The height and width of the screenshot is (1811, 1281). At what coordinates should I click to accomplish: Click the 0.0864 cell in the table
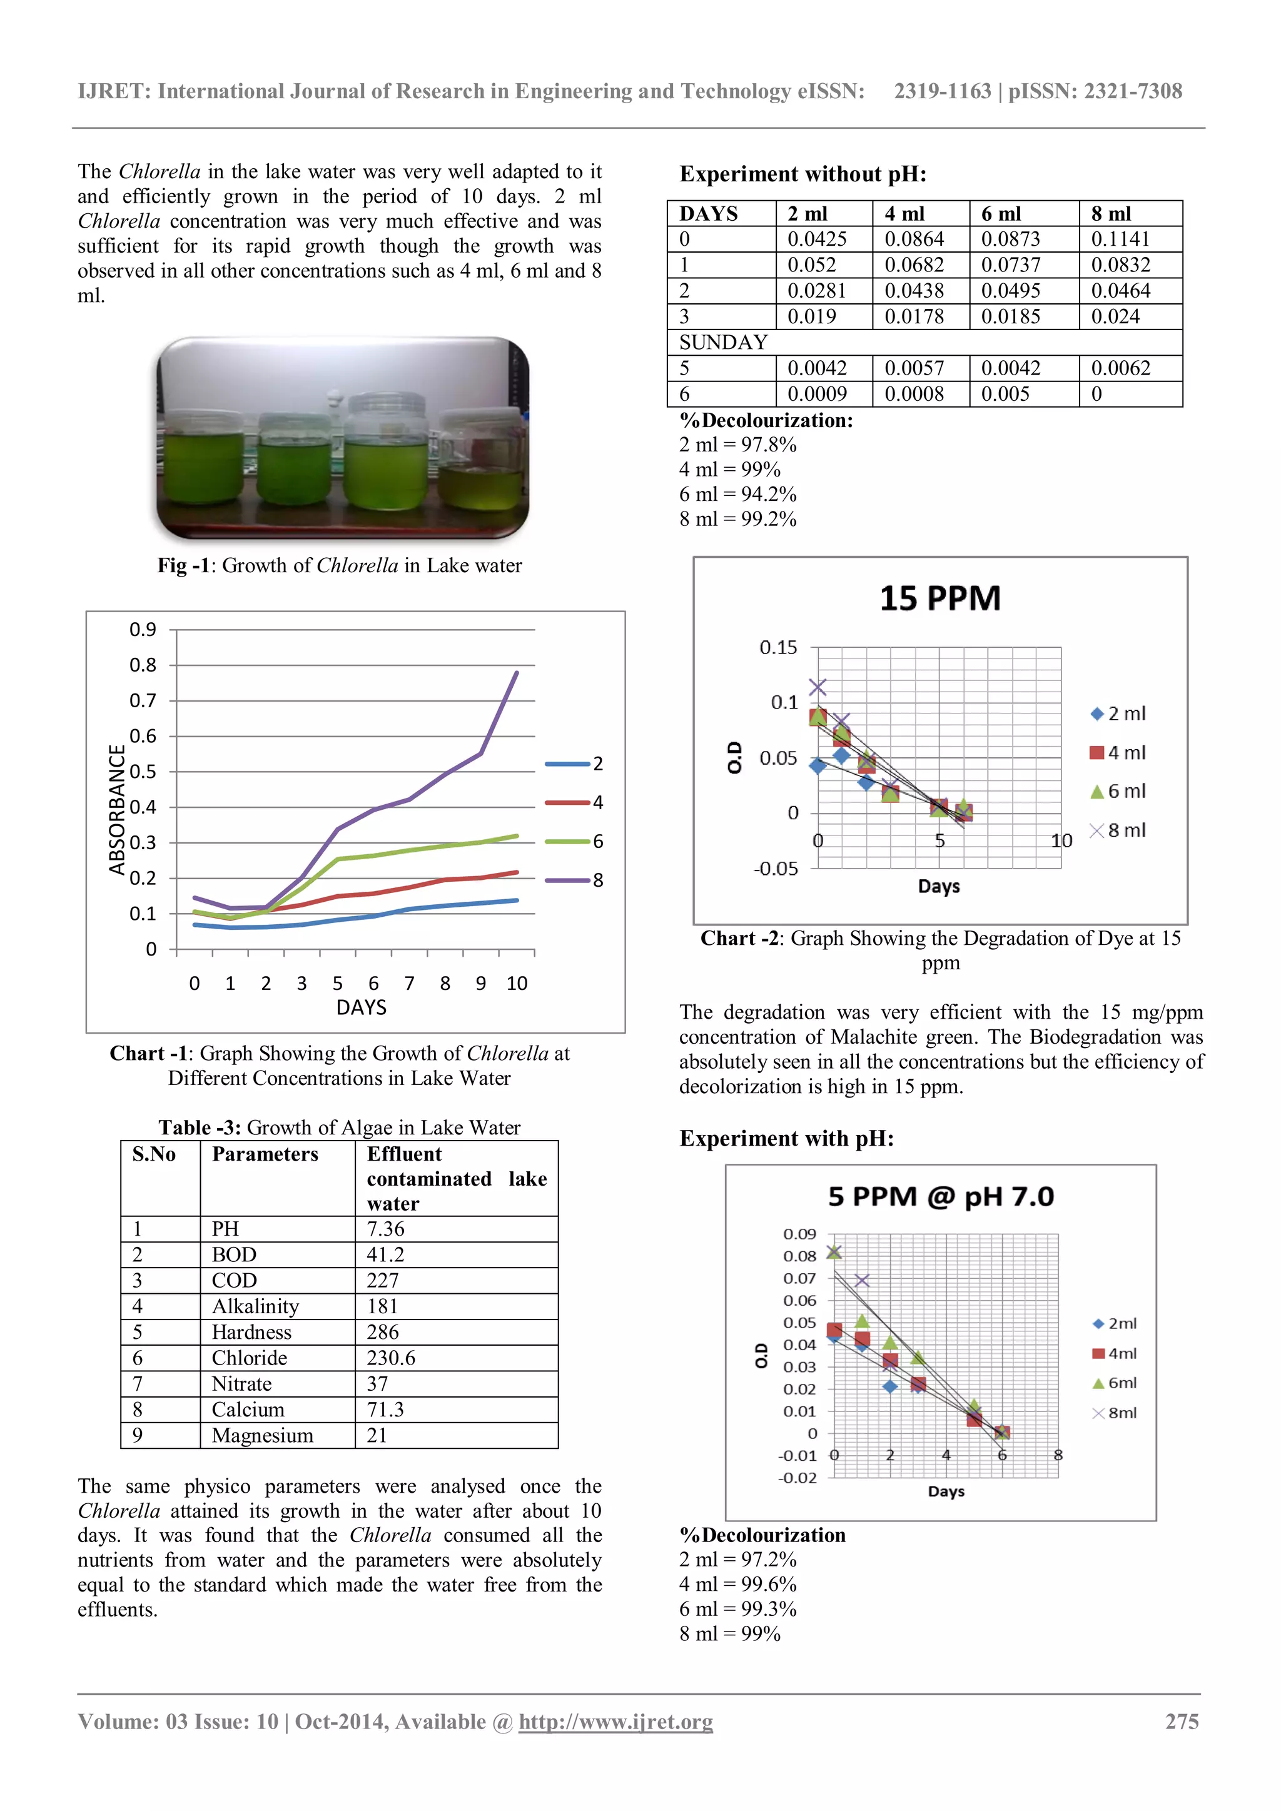pos(914,239)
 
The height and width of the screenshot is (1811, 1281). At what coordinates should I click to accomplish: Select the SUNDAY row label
pos(723,342)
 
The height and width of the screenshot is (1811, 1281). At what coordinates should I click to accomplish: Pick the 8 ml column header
pos(1111,214)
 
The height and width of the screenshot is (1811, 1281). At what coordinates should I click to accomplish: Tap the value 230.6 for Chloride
pos(390,1358)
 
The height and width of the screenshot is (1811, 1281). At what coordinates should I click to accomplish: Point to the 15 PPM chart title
pos(939,598)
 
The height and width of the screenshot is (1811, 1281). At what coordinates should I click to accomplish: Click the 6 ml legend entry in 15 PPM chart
pos(1118,791)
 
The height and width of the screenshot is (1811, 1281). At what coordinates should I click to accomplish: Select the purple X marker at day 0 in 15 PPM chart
pos(818,687)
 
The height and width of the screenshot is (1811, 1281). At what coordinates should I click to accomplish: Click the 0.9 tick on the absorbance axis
pos(143,630)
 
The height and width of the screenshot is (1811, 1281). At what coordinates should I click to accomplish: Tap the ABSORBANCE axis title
pos(117,809)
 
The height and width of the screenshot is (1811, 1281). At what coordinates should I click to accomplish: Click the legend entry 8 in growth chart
pos(574,880)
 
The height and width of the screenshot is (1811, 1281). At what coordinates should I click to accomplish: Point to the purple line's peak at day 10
pos(517,673)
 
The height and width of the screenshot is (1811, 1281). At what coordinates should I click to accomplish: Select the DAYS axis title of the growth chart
pos(362,1007)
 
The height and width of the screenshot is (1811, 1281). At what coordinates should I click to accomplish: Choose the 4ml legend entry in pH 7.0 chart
pos(1114,1353)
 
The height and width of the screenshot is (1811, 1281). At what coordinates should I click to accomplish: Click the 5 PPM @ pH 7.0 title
pos(940,1196)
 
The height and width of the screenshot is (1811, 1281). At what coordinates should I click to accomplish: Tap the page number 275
pos(1181,1721)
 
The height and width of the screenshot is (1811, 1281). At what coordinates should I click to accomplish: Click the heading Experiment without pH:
pos(803,174)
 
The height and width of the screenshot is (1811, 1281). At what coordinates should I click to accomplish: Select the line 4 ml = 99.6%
pos(737,1584)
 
